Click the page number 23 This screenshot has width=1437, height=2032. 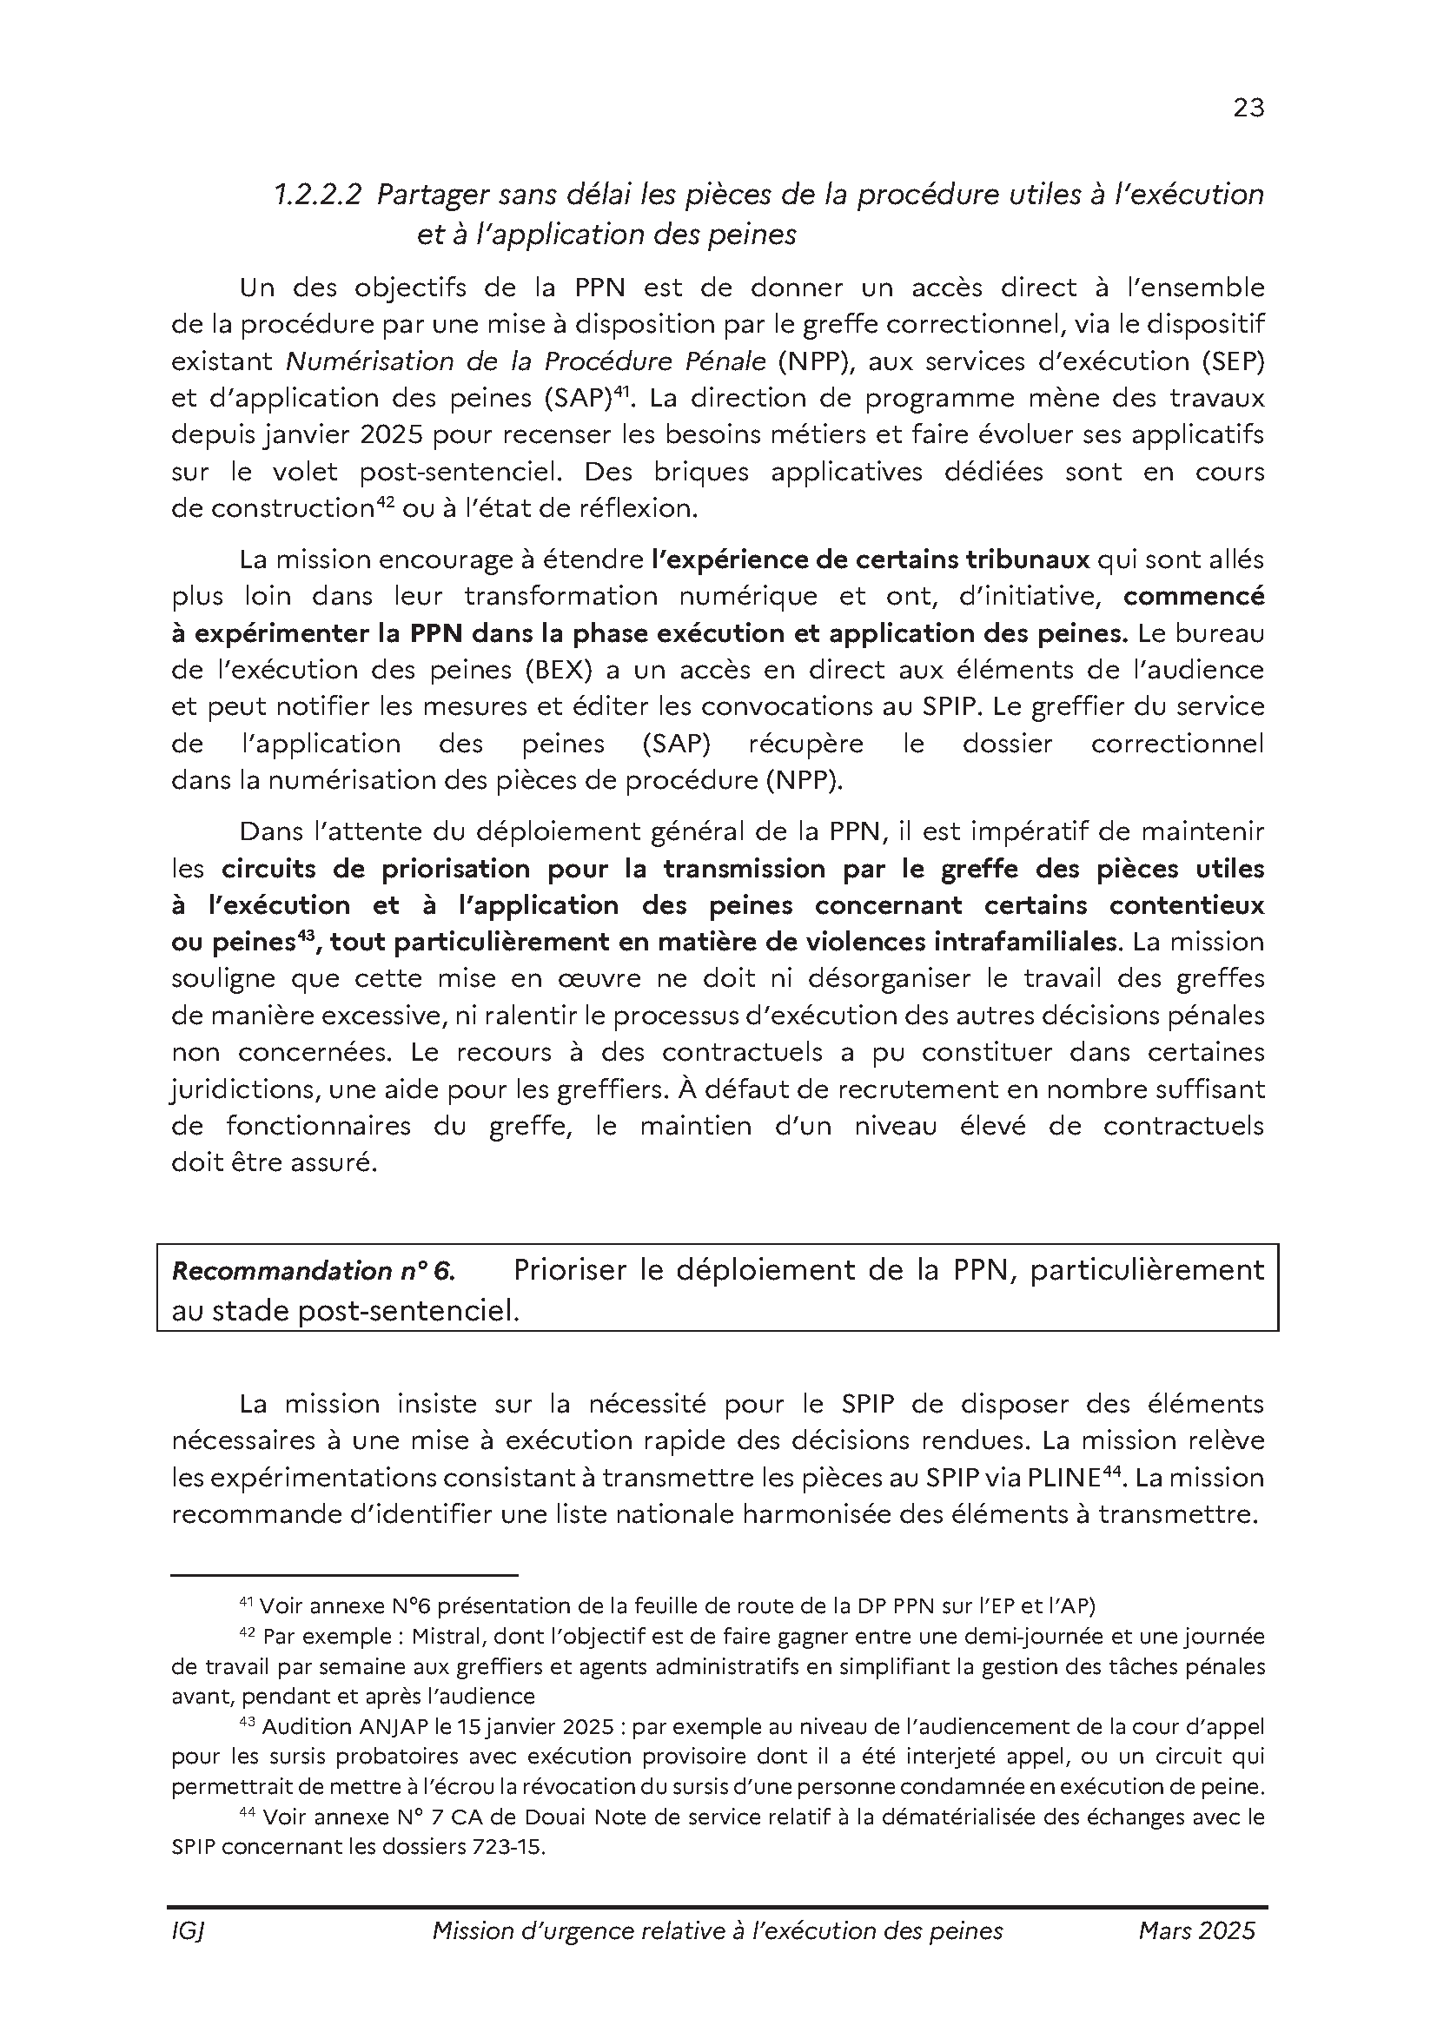point(1248,108)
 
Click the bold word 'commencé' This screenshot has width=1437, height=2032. point(1194,597)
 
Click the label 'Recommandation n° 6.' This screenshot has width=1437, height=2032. point(314,1272)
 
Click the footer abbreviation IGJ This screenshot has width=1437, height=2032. point(189,1931)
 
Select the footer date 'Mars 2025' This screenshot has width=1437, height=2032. point(1196,1931)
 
